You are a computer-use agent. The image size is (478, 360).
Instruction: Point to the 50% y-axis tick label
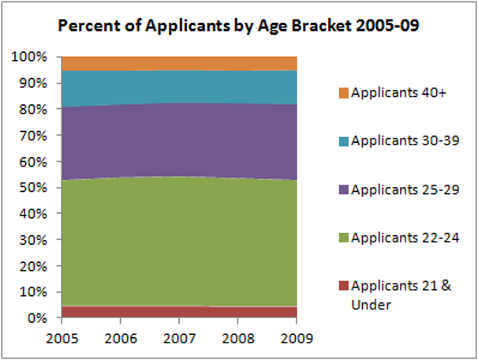[34, 188]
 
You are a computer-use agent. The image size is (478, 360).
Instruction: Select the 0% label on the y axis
[37, 318]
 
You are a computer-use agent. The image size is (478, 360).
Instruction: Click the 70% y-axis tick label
[34, 136]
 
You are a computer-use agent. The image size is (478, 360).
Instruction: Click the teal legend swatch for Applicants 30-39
[343, 141]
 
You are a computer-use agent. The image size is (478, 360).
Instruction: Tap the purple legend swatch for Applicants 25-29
[343, 189]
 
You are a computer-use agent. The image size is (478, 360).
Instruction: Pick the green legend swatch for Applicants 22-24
[343, 237]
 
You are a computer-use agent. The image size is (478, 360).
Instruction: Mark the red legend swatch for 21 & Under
[343, 286]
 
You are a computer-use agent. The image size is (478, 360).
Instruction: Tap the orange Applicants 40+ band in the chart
[179, 63]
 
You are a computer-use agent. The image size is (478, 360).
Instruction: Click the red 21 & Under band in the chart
[179, 312]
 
